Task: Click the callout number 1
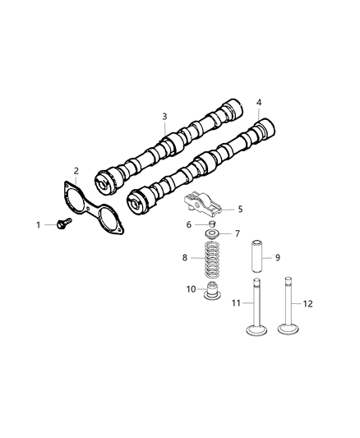pos(38,224)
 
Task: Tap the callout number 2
pos(76,171)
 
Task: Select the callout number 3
pos(164,117)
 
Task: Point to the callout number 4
pos(259,103)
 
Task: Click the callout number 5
pos(240,209)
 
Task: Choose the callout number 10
pos(191,288)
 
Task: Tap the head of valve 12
pos(289,330)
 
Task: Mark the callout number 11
pos(234,304)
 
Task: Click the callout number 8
pos(185,258)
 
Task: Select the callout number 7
pos(238,234)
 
